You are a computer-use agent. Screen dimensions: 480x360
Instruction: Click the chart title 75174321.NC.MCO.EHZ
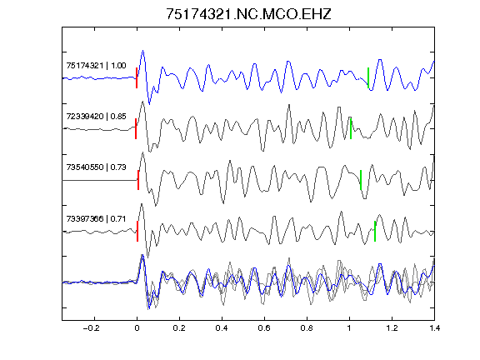click(248, 14)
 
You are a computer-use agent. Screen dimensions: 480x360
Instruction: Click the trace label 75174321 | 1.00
click(96, 66)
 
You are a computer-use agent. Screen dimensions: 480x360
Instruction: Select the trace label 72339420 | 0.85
click(96, 117)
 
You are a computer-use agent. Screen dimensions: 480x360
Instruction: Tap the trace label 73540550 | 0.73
click(96, 167)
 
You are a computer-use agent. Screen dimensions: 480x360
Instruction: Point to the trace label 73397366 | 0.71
click(96, 219)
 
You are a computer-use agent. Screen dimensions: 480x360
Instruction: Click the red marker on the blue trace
click(137, 78)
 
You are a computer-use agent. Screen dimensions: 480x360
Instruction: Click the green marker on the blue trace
click(368, 78)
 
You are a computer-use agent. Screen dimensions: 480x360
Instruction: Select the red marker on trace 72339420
click(136, 128)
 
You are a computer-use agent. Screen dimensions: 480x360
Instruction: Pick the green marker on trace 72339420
click(351, 128)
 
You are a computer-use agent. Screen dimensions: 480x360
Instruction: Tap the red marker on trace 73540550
click(138, 180)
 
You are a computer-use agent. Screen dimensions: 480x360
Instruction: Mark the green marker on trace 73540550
click(361, 180)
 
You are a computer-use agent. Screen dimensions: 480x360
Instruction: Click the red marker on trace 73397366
click(137, 231)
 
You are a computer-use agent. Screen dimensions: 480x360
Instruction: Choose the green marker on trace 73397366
click(375, 231)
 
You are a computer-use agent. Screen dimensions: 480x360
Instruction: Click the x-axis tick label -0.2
click(92, 328)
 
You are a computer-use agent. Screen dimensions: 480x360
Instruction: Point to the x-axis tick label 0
click(137, 328)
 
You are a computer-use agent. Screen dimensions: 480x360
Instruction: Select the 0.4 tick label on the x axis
click(222, 328)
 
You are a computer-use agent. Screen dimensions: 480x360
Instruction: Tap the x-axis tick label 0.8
click(307, 328)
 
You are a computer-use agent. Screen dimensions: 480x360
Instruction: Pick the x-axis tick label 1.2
click(392, 328)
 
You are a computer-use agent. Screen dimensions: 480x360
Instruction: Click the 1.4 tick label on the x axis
click(434, 328)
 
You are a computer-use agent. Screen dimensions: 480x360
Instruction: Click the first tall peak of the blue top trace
click(142, 51)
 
